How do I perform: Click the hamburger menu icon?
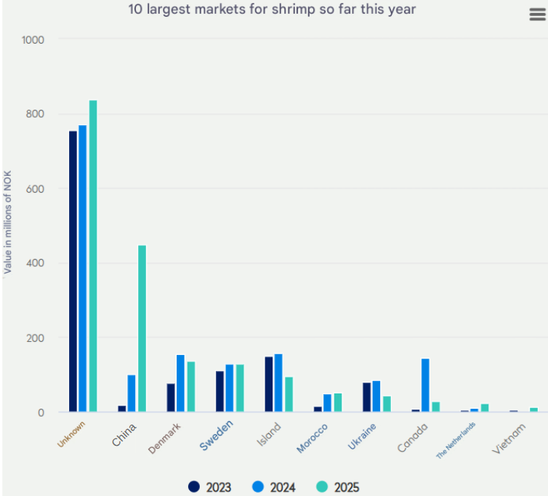tap(537, 15)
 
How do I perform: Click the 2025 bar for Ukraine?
tap(387, 404)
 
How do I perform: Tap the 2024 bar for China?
tap(132, 393)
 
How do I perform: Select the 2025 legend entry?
tap(339, 487)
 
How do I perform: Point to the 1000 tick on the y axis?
tap(33, 39)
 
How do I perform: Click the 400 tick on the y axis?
tap(36, 263)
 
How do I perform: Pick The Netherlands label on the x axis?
tap(456, 439)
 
